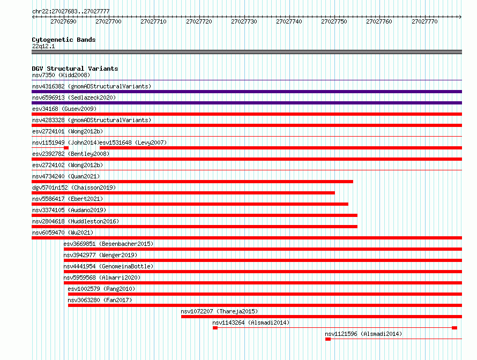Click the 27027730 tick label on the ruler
coord(244,21)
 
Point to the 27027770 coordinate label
coord(424,21)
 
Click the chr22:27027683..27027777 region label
coord(71,12)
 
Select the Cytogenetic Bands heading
coord(64,40)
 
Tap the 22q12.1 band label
coord(43,46)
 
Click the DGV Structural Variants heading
coord(75,69)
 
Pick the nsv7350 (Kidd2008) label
coord(61,75)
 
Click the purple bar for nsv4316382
coord(247,92)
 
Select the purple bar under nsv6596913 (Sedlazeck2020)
coord(247,103)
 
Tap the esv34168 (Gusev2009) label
coord(64,109)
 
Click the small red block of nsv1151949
coord(66,148)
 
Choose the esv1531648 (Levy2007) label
coord(133,142)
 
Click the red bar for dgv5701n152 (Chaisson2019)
coord(183,193)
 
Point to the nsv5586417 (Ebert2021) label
coord(68,199)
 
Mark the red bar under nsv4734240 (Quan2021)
coord(192,182)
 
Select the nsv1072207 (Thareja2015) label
coord(219,311)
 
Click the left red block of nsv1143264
coord(215,328)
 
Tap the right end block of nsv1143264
coord(454,328)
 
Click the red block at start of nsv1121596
coord(328,339)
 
